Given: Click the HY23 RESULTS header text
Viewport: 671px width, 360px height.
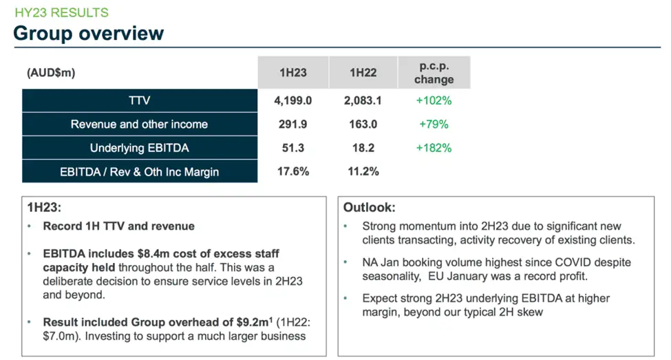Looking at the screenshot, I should [x=61, y=12].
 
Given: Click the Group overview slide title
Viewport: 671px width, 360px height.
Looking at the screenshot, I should [x=89, y=33].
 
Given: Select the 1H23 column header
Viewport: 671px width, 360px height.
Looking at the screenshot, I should [x=293, y=72].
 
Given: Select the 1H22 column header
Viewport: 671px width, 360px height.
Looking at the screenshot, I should [x=363, y=72].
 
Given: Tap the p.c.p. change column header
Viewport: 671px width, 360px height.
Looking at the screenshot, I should [x=434, y=72].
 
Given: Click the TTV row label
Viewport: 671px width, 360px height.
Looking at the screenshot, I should [x=139, y=100].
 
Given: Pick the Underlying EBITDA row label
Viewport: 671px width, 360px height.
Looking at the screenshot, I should [x=139, y=148].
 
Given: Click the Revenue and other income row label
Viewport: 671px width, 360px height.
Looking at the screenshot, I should [x=139, y=125].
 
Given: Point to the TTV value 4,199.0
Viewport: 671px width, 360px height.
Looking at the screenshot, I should [x=293, y=100].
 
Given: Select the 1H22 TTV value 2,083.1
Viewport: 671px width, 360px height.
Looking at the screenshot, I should [x=363, y=100].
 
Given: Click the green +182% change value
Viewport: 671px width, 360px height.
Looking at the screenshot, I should [x=434, y=148].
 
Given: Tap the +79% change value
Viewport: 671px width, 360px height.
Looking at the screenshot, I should [x=434, y=125].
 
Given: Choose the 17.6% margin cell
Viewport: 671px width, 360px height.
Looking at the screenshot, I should [x=293, y=171].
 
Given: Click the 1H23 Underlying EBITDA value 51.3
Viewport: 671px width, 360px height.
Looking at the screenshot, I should [x=293, y=148].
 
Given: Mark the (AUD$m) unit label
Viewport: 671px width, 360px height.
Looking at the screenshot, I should [x=51, y=72].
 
